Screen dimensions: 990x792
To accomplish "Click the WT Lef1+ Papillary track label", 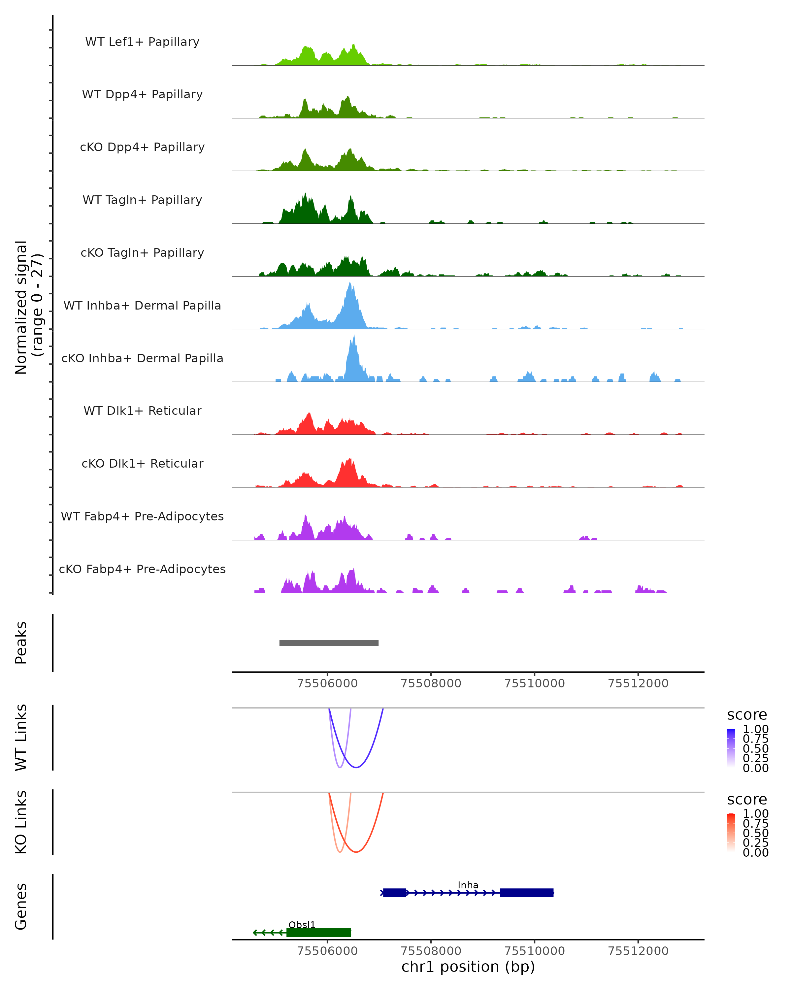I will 142,42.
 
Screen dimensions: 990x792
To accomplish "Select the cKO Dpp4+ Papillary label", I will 142,147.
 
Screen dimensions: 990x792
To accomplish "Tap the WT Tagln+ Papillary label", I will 142,200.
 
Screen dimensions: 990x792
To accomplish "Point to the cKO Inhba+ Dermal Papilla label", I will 142,358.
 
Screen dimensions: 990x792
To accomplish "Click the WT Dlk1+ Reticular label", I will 142,411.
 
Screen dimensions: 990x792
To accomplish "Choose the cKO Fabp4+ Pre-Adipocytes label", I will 142,569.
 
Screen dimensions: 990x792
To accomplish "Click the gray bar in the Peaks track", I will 329,643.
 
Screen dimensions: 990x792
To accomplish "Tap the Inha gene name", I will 468,885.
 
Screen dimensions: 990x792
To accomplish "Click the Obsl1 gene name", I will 302,925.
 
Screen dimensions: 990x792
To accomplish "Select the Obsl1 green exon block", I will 319,933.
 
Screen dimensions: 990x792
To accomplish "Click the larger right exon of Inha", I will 527,893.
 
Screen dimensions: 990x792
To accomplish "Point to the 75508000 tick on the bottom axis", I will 431,950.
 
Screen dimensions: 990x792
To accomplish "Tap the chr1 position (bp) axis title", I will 468,967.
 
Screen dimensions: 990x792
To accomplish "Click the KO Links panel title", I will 21,822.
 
